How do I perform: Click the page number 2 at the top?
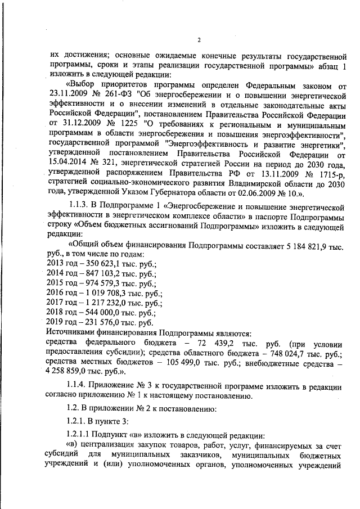199,39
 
